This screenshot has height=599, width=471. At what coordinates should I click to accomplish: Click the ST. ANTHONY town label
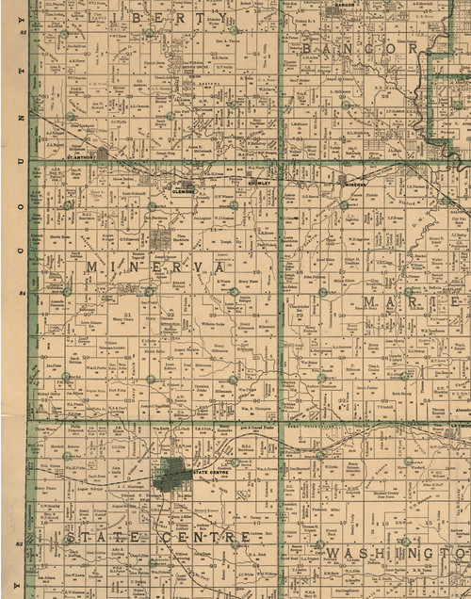[82, 172]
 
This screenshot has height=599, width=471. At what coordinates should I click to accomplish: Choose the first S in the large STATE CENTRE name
[70, 537]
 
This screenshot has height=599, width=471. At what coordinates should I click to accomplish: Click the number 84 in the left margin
[21, 295]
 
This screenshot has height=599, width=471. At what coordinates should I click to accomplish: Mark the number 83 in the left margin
[21, 544]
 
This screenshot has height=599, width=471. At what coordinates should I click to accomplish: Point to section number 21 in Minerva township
[127, 315]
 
